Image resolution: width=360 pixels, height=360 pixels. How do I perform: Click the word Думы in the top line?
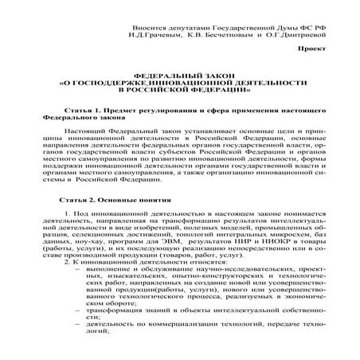pos(275,26)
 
